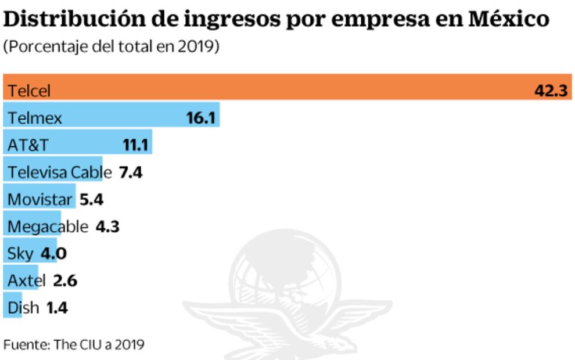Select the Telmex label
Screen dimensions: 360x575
pos(35,118)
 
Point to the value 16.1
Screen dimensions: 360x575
pos(200,118)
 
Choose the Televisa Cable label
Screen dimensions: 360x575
pos(59,172)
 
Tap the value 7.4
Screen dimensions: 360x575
pos(131,172)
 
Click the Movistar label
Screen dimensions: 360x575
pos(39,199)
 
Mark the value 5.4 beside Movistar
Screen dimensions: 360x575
pos(91,199)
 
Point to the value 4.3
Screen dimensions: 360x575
pos(107,226)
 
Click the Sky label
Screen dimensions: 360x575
pos(20,254)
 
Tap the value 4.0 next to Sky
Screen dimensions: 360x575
pos(54,254)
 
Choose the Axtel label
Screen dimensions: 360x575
pos(26,281)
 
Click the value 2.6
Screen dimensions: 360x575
pos(64,281)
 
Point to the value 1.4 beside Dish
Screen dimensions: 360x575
pos(57,308)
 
